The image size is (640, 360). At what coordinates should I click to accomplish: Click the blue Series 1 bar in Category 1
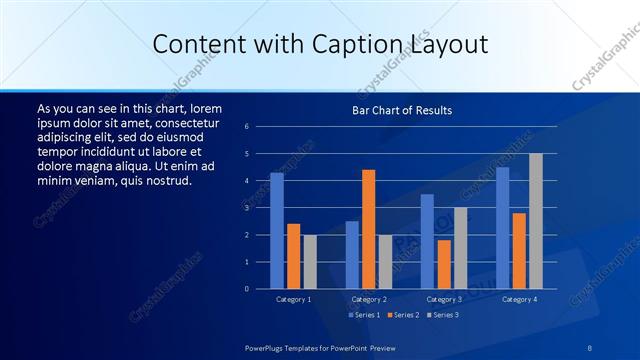click(277, 231)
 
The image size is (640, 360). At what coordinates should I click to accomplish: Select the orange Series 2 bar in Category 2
click(368, 229)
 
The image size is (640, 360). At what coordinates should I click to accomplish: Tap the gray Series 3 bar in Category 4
click(536, 221)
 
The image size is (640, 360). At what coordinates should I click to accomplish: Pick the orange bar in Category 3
click(444, 264)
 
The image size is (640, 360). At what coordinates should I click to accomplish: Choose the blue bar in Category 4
click(502, 228)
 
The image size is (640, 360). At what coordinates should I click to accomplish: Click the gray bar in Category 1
click(310, 262)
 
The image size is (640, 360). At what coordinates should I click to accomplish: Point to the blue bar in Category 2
click(352, 255)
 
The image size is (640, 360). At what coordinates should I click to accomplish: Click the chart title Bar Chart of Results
click(402, 110)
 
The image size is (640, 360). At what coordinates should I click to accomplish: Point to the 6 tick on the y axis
click(261, 127)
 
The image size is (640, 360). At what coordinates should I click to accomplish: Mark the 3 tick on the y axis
click(261, 208)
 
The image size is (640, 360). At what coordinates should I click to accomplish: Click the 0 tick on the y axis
click(261, 289)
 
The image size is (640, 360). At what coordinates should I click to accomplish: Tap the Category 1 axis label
click(294, 299)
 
